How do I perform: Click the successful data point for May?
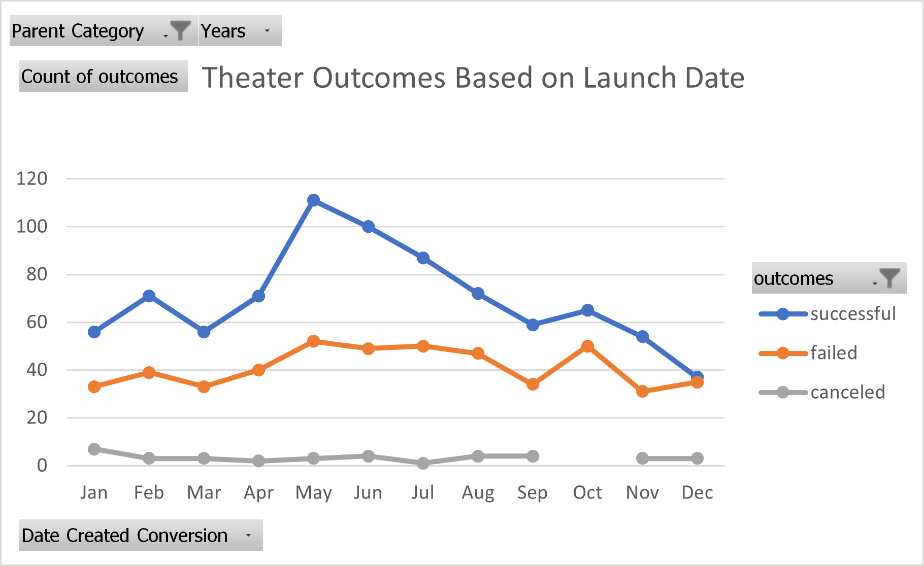point(313,200)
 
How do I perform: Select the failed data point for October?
point(587,346)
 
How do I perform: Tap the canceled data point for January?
point(94,449)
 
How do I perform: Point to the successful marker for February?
point(149,296)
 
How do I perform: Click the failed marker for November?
point(642,391)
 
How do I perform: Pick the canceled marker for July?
point(423,463)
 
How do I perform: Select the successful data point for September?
point(533,325)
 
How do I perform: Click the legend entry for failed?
point(833,353)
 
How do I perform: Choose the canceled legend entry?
point(847,392)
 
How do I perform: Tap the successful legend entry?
point(852,314)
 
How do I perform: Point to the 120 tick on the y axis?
point(31,179)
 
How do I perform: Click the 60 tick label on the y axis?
point(37,322)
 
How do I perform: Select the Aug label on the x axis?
point(478,492)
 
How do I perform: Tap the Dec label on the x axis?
point(697,492)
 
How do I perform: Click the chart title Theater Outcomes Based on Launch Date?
point(473,78)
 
